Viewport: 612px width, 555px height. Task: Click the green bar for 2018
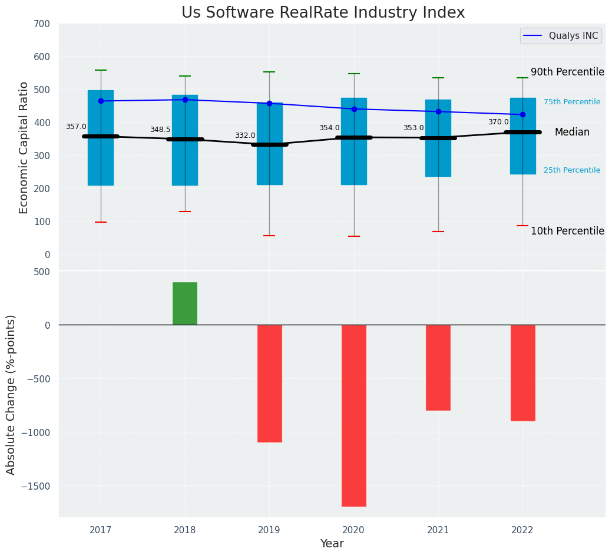[x=185, y=303]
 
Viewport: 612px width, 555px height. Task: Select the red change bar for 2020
[x=354, y=415]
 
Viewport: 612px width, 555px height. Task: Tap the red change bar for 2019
[x=269, y=383]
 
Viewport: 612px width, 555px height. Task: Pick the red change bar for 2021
[x=438, y=367]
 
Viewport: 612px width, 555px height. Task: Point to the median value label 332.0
[x=245, y=136]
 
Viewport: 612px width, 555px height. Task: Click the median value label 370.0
[x=498, y=122]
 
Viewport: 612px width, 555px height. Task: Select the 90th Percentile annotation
[x=567, y=72]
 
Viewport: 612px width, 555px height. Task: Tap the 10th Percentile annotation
[x=567, y=231]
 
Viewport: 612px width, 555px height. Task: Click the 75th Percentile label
[x=572, y=102]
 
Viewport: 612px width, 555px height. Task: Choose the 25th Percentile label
[x=572, y=170]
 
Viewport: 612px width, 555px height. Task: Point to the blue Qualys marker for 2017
[x=101, y=101]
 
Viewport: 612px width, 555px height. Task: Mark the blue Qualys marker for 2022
[x=522, y=114]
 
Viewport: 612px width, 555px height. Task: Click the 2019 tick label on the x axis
[x=269, y=530]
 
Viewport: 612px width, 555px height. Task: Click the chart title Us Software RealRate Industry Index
[x=323, y=13]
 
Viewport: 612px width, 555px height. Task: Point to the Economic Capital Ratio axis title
[x=24, y=147]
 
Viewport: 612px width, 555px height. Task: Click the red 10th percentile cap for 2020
[x=354, y=236]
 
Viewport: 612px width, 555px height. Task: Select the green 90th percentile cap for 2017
[x=101, y=70]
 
